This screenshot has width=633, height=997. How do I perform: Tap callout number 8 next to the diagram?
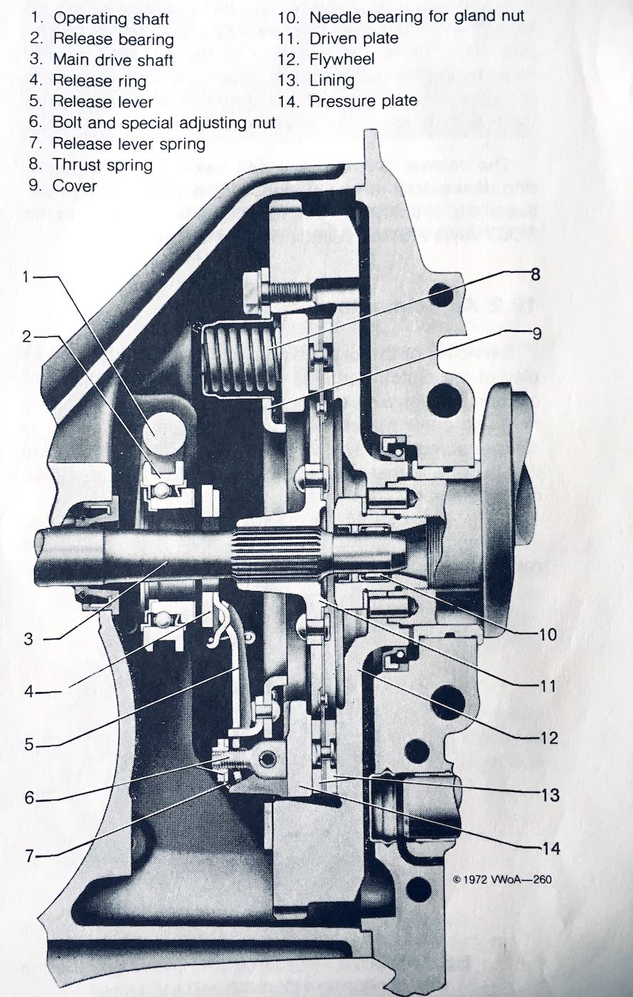pyautogui.click(x=535, y=273)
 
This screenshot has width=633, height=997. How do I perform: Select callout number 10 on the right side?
pyautogui.click(x=548, y=633)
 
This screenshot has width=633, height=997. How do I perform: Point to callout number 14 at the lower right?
pyautogui.click(x=549, y=848)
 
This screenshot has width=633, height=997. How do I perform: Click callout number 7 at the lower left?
pyautogui.click(x=29, y=855)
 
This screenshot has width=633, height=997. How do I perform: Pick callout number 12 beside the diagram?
pyautogui.click(x=549, y=737)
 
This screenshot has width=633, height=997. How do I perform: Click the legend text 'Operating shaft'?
pyautogui.click(x=111, y=18)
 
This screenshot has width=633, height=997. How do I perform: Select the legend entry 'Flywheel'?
pyautogui.click(x=342, y=59)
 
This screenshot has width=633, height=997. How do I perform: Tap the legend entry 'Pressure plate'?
pyautogui.click(x=363, y=101)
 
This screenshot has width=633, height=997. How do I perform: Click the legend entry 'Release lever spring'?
pyautogui.click(x=129, y=144)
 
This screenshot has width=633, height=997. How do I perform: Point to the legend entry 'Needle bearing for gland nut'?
pyautogui.click(x=417, y=16)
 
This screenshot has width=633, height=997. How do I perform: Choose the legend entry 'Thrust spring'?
pyautogui.click(x=103, y=165)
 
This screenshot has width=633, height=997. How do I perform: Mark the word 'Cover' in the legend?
pyautogui.click(x=75, y=187)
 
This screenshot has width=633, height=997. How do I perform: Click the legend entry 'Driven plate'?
pyautogui.click(x=353, y=38)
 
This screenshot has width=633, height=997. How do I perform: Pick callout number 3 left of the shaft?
pyautogui.click(x=28, y=639)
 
